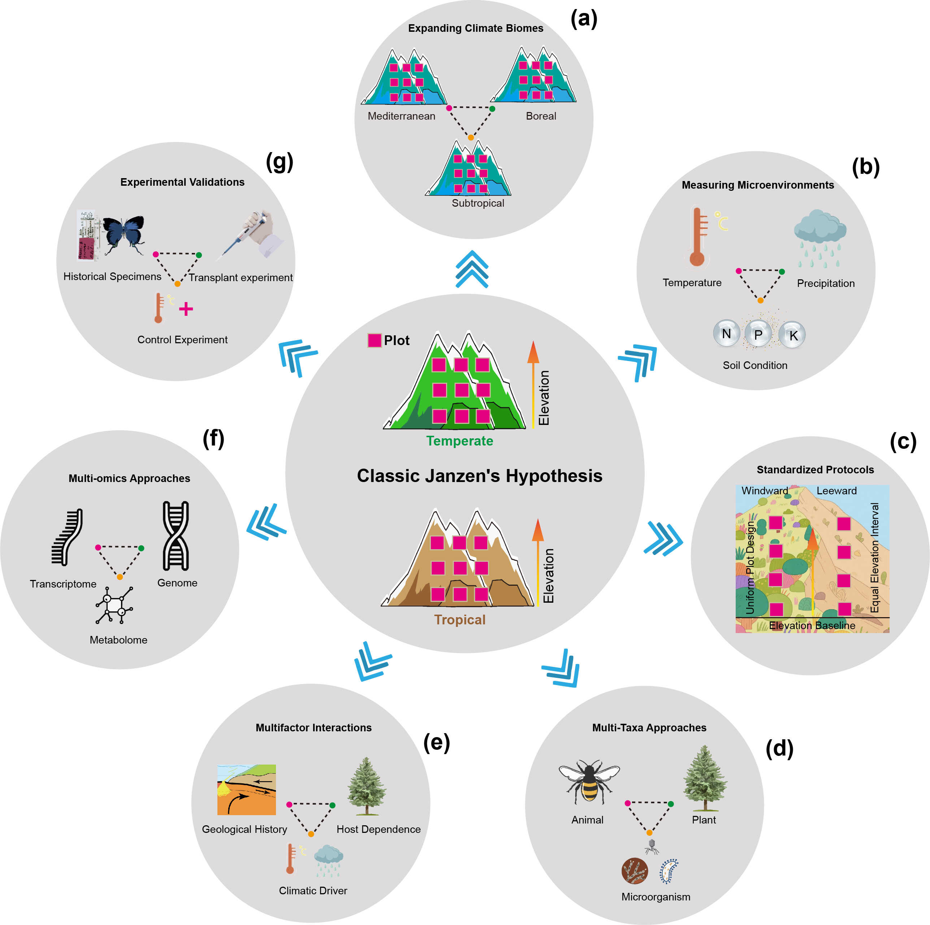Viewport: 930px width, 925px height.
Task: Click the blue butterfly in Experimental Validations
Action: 123,233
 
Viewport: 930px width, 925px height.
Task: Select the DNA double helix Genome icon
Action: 176,535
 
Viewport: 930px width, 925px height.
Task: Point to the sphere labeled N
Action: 726,333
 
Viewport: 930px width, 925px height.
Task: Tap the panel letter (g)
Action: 279,162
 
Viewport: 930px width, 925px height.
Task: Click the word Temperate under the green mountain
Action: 460,440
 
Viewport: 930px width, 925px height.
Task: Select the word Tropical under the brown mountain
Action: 460,619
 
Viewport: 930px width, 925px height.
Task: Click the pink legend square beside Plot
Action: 375,340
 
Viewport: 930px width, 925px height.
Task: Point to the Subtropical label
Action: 477,203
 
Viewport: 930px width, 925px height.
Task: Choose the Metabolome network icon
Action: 114,605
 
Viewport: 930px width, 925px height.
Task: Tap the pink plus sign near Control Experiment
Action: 186,309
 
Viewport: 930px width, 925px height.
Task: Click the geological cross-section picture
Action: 246,789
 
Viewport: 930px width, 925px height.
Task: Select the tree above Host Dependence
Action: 367,786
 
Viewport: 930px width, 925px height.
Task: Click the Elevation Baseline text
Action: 812,625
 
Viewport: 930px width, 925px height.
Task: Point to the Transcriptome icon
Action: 68,537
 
